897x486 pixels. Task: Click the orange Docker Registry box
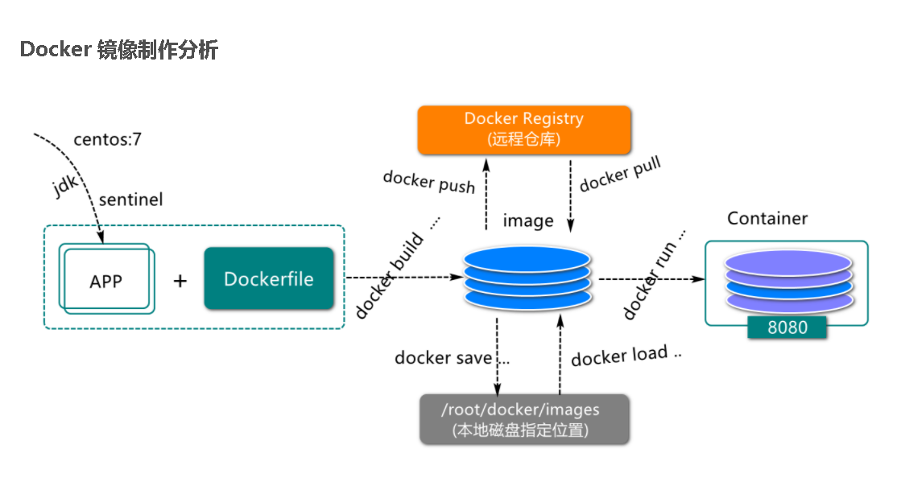(524, 130)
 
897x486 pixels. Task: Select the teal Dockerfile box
(269, 278)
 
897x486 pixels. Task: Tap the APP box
(106, 279)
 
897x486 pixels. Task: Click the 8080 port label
(787, 327)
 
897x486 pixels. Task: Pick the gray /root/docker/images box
(524, 419)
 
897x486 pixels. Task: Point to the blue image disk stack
(527, 278)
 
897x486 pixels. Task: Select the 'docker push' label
(429, 182)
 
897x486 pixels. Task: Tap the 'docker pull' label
(620, 174)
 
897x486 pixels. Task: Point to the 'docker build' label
(390, 275)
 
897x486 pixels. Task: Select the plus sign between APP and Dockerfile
(180, 281)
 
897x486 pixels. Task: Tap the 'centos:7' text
(108, 139)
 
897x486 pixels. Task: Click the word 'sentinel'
(131, 200)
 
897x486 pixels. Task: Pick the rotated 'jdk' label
(65, 185)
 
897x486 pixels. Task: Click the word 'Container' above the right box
(767, 218)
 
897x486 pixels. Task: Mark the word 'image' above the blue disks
(528, 221)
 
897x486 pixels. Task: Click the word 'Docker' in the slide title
(56, 49)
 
